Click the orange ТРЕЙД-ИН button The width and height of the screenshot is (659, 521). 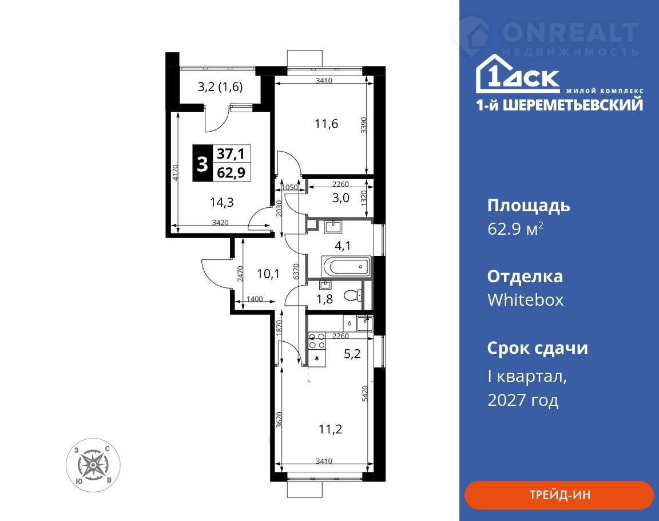[559, 495]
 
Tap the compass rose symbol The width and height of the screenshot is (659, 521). [93, 465]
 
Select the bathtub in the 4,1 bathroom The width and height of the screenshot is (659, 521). [346, 267]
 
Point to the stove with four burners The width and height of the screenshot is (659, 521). [316, 341]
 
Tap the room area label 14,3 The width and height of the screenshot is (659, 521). [221, 202]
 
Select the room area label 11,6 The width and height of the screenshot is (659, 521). [326, 124]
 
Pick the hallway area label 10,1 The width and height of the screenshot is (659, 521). [268, 274]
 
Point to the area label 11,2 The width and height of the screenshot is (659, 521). [330, 429]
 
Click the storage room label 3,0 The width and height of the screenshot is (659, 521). [340, 198]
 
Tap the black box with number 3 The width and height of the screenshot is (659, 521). [203, 163]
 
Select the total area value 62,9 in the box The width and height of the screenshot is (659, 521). [231, 172]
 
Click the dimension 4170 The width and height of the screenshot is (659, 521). [176, 172]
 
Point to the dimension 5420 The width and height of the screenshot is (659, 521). [365, 393]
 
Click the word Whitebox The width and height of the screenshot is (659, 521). [525, 300]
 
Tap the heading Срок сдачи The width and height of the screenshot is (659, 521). [538, 348]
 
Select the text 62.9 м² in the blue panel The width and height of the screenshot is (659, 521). [515, 229]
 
